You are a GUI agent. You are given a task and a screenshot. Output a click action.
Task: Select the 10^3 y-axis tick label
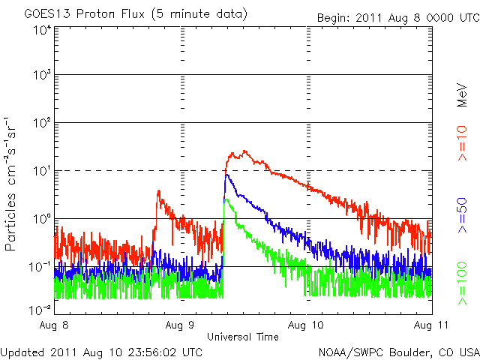[41, 75]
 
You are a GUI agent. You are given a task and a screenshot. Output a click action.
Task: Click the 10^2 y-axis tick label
[41, 123]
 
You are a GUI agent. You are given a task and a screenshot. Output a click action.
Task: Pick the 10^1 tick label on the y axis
[41, 171]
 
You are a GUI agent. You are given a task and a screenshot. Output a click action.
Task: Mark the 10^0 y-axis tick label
[41, 219]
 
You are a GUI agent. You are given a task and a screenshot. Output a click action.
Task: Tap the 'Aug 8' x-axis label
[55, 325]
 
